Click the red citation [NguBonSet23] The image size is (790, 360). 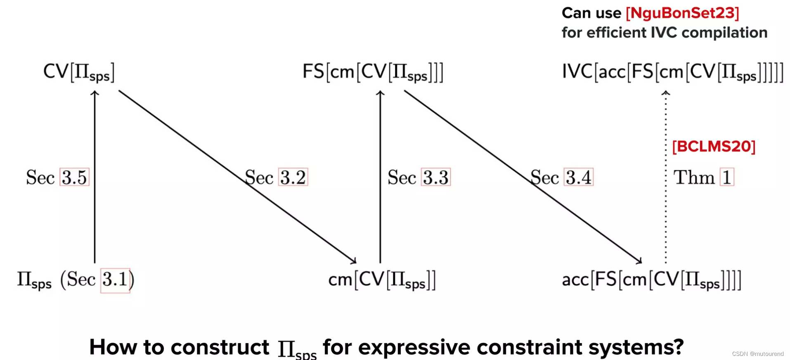pyautogui.click(x=682, y=13)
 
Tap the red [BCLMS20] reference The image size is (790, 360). pyautogui.click(x=714, y=147)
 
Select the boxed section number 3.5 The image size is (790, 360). pyautogui.click(x=74, y=178)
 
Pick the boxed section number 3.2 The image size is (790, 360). pyautogui.click(x=293, y=178)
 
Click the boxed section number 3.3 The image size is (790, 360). pyautogui.click(x=436, y=178)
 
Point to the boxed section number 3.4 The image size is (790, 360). pyautogui.click(x=579, y=178)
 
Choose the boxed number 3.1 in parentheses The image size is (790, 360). pyautogui.click(x=115, y=280)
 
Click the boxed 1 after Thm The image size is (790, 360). pyautogui.click(x=727, y=178)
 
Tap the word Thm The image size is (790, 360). pyautogui.click(x=694, y=178)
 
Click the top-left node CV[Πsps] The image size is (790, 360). pyautogui.click(x=79, y=72)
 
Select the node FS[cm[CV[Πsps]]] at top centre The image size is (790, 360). pyautogui.click(x=373, y=72)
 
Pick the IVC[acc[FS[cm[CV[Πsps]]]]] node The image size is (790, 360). pyautogui.click(x=672, y=72)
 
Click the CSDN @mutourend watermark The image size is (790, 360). pyautogui.click(x=757, y=354)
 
